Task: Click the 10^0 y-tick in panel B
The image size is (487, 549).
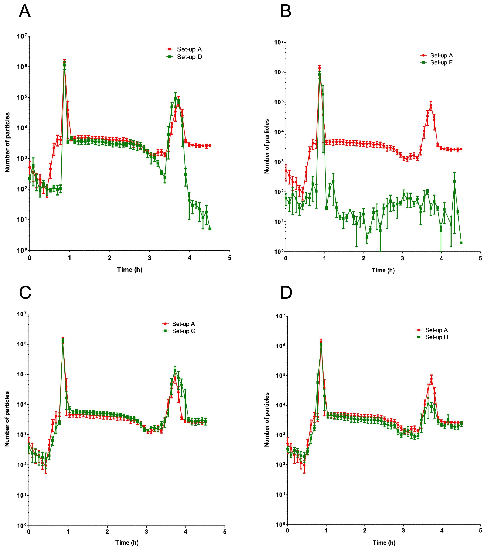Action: tap(278, 252)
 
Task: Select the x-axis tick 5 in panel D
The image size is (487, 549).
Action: tap(480, 531)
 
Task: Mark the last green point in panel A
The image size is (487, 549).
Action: tap(210, 229)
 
